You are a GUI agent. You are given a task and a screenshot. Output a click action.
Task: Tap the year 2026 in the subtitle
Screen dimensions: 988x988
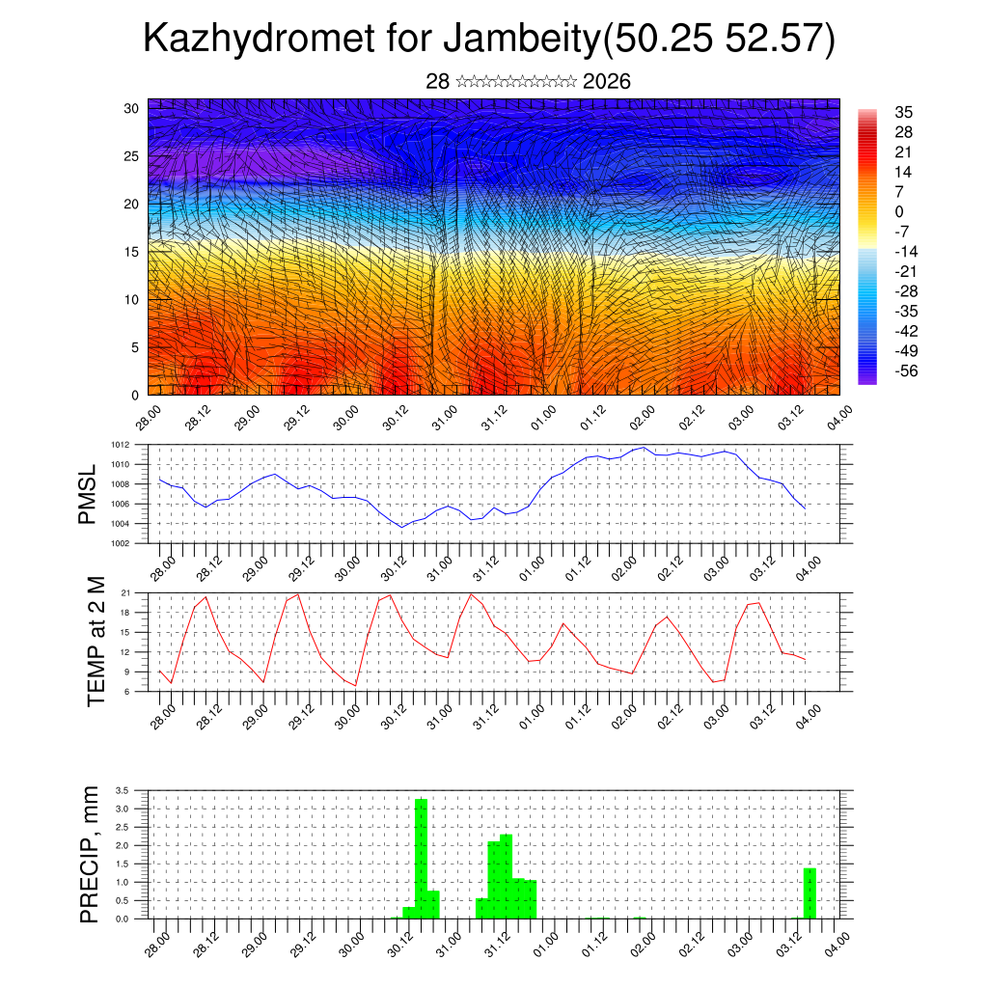[x=607, y=82]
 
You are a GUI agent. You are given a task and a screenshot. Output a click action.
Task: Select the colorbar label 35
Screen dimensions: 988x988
[x=904, y=113]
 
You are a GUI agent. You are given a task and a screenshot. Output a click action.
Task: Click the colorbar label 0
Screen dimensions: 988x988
[x=899, y=212]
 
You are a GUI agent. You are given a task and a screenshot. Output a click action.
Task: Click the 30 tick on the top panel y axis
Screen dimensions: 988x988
[x=132, y=108]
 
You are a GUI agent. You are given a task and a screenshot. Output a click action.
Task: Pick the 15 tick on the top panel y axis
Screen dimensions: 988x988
[x=132, y=252]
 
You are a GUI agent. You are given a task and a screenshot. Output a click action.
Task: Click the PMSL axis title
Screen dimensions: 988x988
[x=89, y=494]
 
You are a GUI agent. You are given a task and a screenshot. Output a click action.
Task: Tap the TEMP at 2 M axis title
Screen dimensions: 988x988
[x=96, y=642]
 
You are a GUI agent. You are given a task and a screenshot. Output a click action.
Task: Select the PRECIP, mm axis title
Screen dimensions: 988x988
[x=90, y=854]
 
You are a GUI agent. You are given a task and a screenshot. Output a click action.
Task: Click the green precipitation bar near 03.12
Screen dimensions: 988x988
[x=810, y=893]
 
